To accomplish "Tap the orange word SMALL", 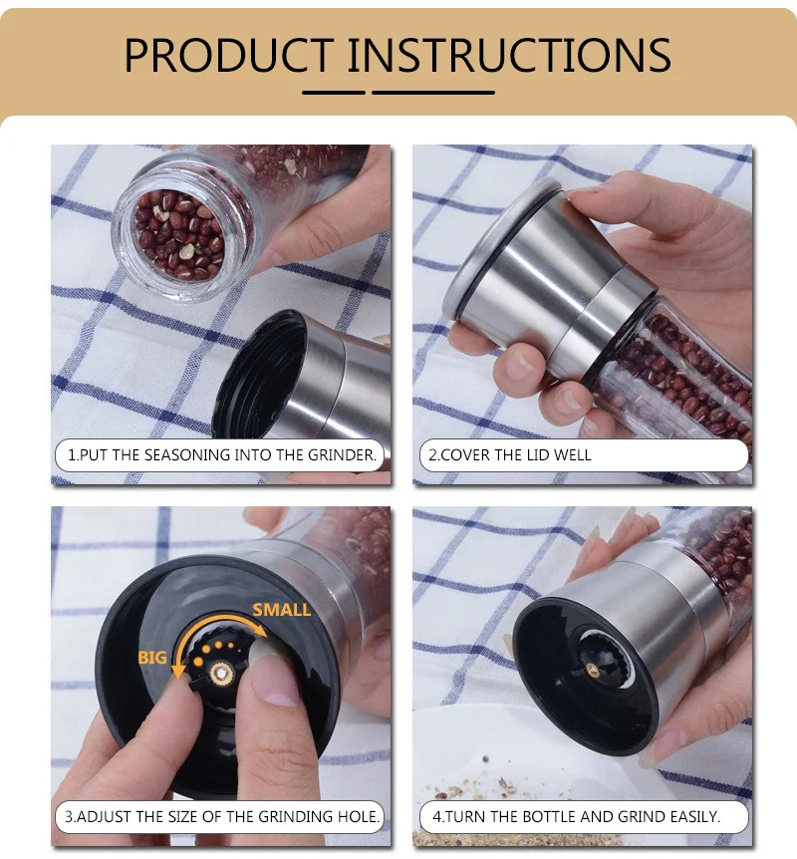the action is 282,610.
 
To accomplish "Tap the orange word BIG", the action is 152,657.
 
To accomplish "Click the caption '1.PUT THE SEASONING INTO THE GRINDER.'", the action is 222,454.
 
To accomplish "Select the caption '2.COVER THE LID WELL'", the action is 509,454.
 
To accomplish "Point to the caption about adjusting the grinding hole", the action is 222,816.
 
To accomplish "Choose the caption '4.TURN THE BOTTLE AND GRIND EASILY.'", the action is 576,816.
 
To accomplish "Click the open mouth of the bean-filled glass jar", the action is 179,235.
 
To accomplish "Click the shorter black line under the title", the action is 334,93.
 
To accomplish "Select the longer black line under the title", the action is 433,93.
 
